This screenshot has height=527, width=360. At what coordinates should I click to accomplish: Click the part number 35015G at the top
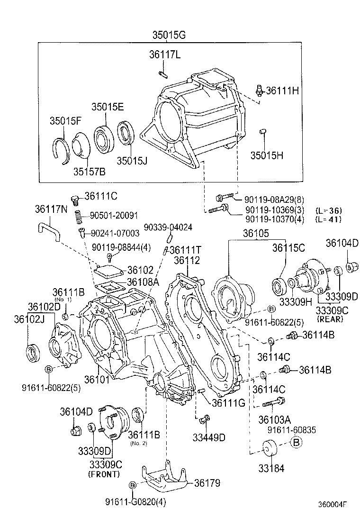[169, 35]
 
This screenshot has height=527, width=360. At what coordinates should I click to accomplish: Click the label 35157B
[89, 171]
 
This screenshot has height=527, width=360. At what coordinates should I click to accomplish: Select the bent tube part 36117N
[49, 233]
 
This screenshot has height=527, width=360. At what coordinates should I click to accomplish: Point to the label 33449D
[208, 437]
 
